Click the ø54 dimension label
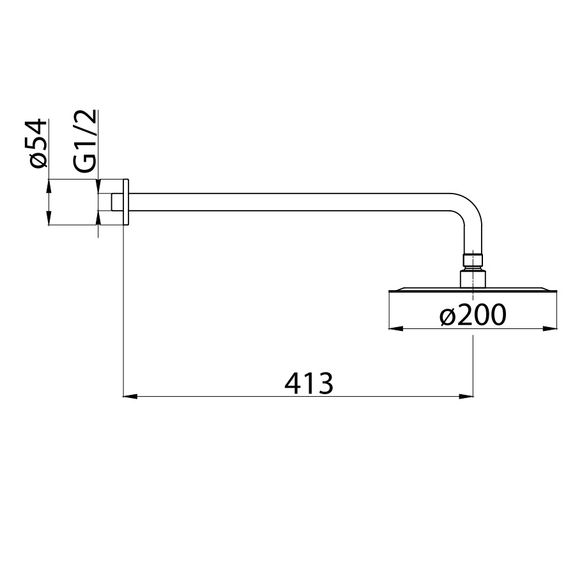[x=39, y=143]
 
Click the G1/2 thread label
[x=86, y=141]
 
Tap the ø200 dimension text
[x=473, y=315]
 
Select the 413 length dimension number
[x=309, y=384]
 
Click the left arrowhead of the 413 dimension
[x=130, y=397]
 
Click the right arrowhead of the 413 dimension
[x=466, y=397]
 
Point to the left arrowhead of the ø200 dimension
[x=395, y=328]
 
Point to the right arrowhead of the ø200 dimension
[x=551, y=328]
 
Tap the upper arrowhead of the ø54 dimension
[x=49, y=187]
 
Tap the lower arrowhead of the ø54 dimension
[x=49, y=218]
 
